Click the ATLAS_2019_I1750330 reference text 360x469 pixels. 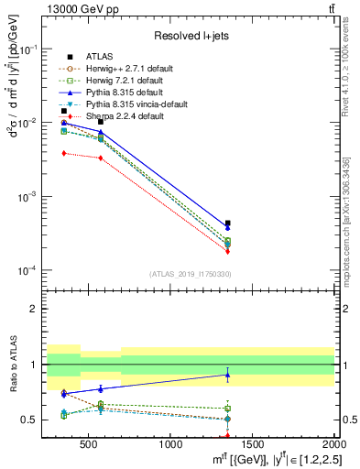pyautogui.click(x=190, y=274)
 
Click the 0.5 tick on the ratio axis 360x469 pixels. pyautogui.click(x=34, y=420)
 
